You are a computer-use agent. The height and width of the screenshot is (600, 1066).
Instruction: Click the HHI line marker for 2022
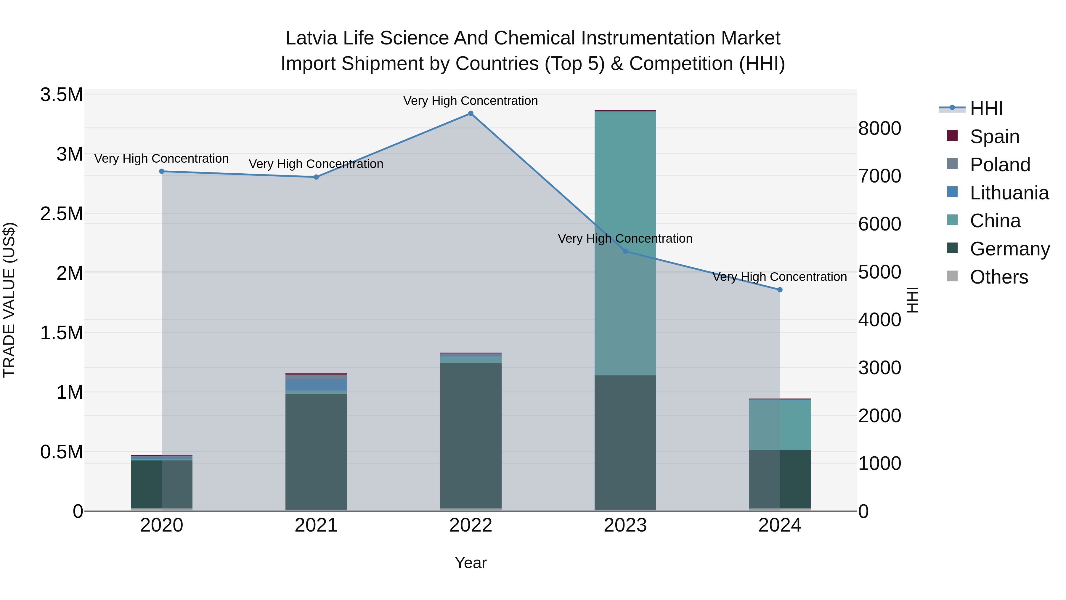[471, 113]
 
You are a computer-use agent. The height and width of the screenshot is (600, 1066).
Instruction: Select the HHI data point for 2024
[780, 290]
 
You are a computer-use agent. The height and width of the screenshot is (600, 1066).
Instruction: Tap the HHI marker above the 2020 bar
[162, 172]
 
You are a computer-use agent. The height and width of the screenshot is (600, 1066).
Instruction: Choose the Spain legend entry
[994, 137]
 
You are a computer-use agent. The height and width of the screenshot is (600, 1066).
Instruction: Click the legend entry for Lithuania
[1009, 193]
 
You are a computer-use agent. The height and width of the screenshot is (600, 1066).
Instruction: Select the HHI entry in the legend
[986, 108]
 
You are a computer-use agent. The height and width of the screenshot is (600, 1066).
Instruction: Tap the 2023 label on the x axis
[625, 525]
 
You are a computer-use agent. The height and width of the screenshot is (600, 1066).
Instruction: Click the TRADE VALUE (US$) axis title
[9, 300]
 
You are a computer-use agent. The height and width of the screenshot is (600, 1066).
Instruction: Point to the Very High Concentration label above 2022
[471, 101]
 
